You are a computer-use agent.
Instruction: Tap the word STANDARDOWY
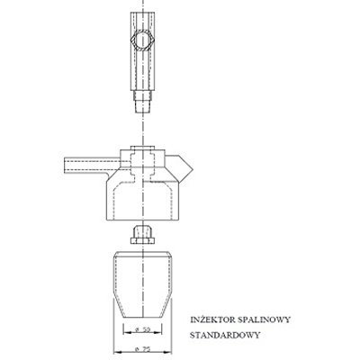(x=225, y=335)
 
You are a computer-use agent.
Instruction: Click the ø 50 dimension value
(x=143, y=329)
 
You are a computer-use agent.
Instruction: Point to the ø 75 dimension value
(x=143, y=349)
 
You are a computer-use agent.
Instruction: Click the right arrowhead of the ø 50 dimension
(x=158, y=332)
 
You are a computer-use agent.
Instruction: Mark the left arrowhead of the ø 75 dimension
(x=117, y=352)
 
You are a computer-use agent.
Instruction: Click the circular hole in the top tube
(x=142, y=40)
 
